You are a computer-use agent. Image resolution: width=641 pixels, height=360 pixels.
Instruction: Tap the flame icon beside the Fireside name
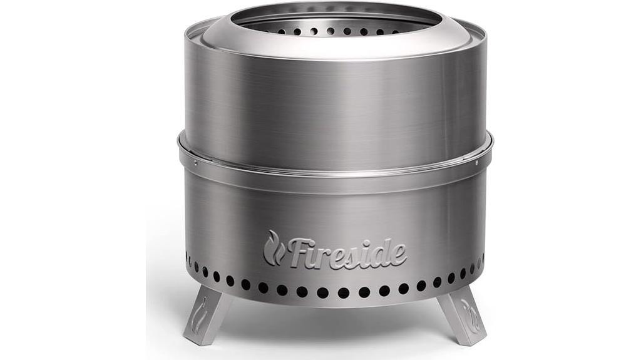pyautogui.click(x=273, y=248)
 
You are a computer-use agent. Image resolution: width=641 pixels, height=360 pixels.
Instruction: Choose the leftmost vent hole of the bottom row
pyautogui.click(x=187, y=257)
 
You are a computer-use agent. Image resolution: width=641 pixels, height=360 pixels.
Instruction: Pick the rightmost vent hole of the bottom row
pyautogui.click(x=482, y=258)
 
